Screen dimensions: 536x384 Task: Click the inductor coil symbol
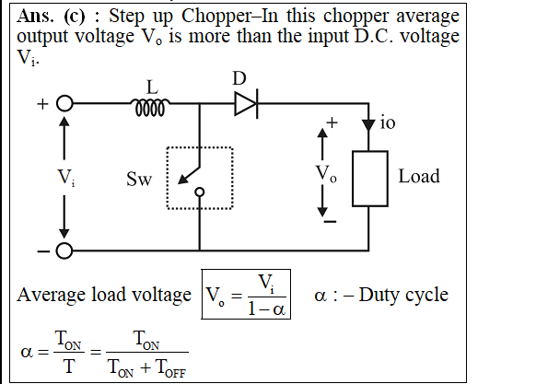(150, 108)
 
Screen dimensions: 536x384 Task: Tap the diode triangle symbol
(246, 104)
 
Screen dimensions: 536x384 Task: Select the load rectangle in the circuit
(370, 179)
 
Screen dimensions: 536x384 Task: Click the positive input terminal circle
(64, 103)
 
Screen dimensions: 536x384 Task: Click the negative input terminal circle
(64, 251)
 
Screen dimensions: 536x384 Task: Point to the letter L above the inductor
(152, 87)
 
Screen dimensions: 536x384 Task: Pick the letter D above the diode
(239, 78)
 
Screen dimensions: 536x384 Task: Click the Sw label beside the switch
(139, 179)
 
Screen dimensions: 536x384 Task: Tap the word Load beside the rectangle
(419, 177)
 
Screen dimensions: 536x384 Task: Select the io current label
(388, 122)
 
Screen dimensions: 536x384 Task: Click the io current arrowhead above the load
(368, 125)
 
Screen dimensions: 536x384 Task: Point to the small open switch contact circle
(200, 192)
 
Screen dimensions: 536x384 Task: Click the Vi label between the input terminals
(66, 178)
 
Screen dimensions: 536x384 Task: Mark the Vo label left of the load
(326, 173)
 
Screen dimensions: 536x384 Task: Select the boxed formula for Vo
(246, 294)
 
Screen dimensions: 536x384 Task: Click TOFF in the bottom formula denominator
(171, 368)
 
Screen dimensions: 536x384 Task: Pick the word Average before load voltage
(52, 296)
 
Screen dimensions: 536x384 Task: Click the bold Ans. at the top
(35, 16)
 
